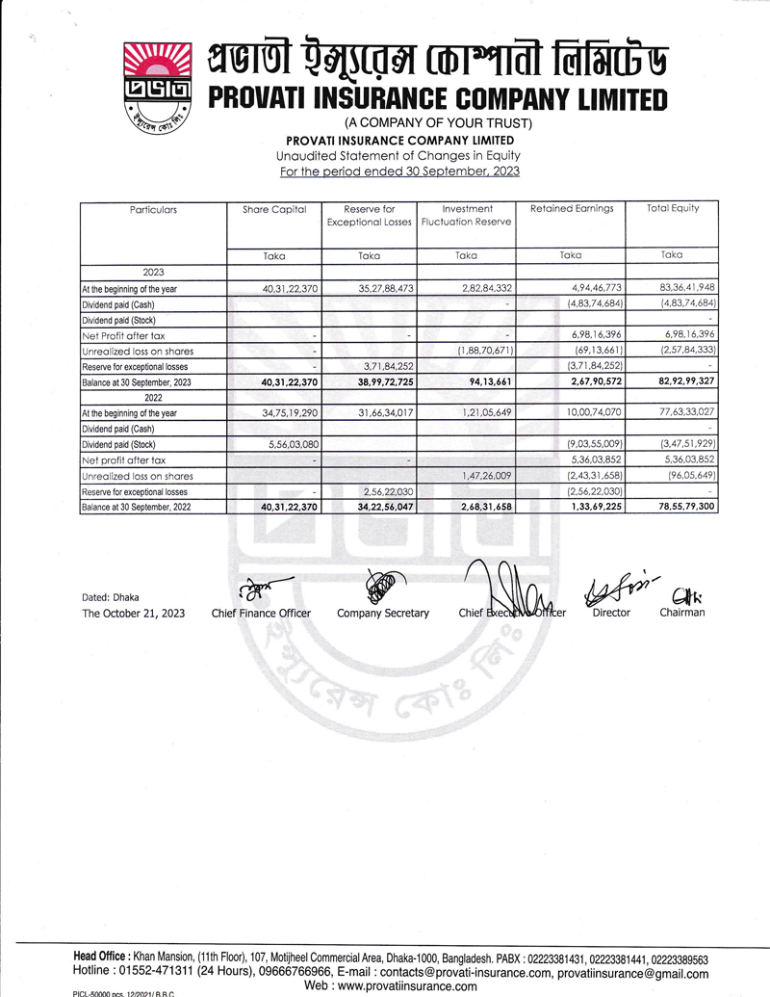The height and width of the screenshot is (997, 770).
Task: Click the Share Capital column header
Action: [274, 209]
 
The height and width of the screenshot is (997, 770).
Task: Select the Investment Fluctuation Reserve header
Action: [467, 215]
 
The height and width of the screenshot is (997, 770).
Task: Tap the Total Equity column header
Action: [672, 208]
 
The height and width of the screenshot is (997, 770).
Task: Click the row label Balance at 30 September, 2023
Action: [137, 382]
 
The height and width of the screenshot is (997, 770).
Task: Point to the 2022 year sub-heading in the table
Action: [153, 398]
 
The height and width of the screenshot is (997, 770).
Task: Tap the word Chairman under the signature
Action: [681, 613]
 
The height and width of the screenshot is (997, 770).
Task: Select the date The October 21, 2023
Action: [134, 613]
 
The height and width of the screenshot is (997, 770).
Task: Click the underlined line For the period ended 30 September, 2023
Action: [398, 171]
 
